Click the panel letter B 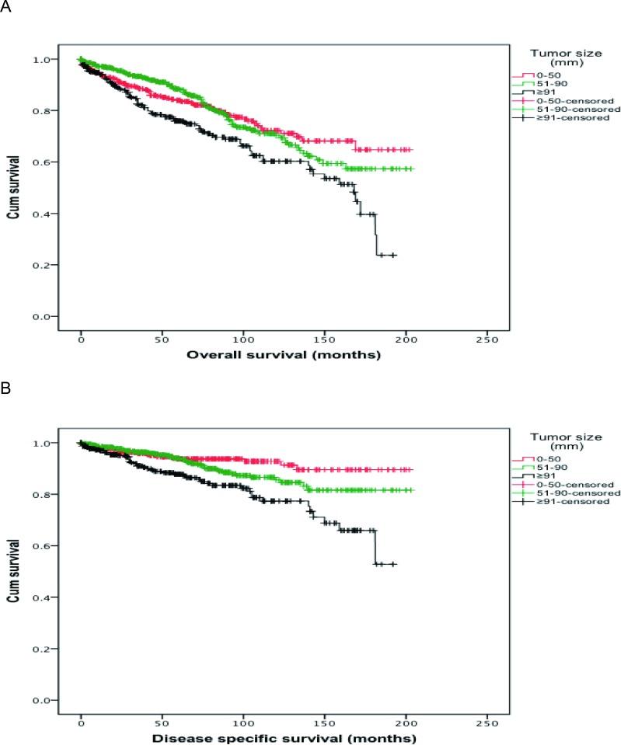pos(6,385)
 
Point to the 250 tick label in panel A pos(487,342)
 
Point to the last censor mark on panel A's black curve pos(393,255)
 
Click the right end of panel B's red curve pos(411,470)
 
